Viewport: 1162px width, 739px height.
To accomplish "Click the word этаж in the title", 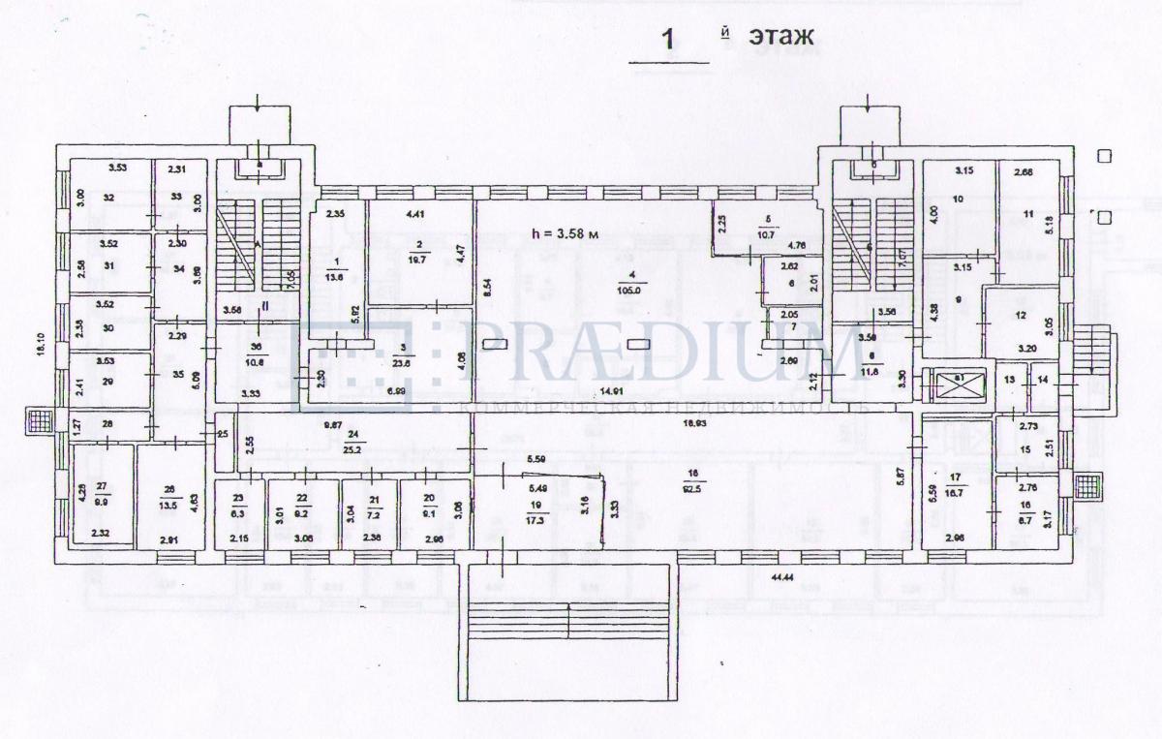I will pos(780,36).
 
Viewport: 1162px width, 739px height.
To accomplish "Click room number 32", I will pos(108,198).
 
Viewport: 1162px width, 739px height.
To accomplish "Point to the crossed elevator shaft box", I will pos(955,385).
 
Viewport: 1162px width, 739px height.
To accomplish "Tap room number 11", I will pos(1028,214).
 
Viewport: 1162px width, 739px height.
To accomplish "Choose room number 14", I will pos(1043,380).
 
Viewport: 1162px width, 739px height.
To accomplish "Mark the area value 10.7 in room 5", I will pos(768,235).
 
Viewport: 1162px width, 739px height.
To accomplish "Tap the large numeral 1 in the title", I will pos(667,40).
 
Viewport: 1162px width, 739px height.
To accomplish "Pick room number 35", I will pos(176,373).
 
